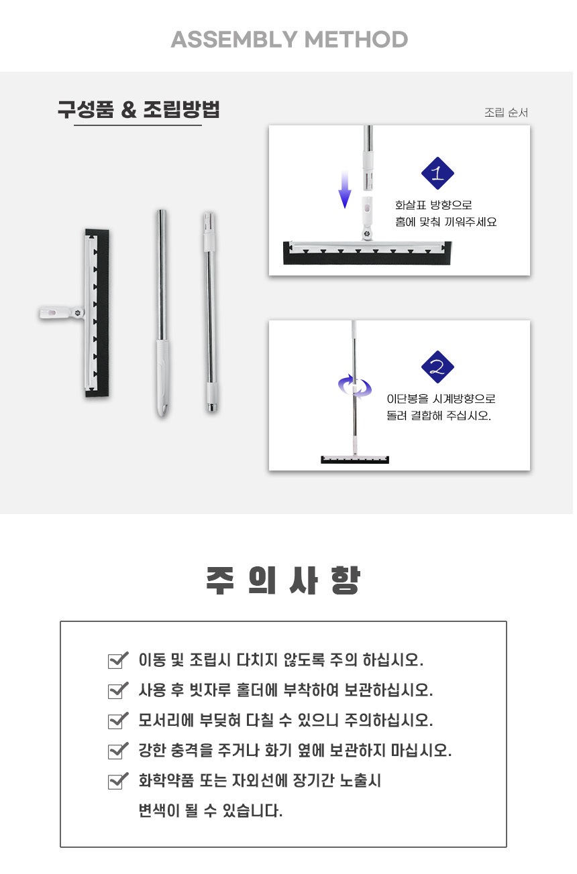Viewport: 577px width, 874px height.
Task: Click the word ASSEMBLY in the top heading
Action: (x=234, y=40)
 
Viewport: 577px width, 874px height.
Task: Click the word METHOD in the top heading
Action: (x=356, y=40)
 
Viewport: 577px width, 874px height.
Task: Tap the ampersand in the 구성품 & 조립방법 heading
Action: (x=129, y=110)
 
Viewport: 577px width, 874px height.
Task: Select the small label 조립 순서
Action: (x=506, y=113)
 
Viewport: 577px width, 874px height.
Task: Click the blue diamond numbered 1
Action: (x=437, y=173)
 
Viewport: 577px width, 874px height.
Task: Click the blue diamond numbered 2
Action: (x=437, y=367)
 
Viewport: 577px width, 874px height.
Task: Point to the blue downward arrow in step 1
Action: (x=345, y=189)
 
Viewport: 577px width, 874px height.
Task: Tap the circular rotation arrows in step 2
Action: (x=355, y=387)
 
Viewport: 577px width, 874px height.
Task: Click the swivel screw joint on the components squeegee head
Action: (x=77, y=312)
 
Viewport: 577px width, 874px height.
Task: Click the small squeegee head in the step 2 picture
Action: (x=355, y=459)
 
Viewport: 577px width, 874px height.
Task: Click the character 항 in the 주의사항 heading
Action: (x=345, y=580)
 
